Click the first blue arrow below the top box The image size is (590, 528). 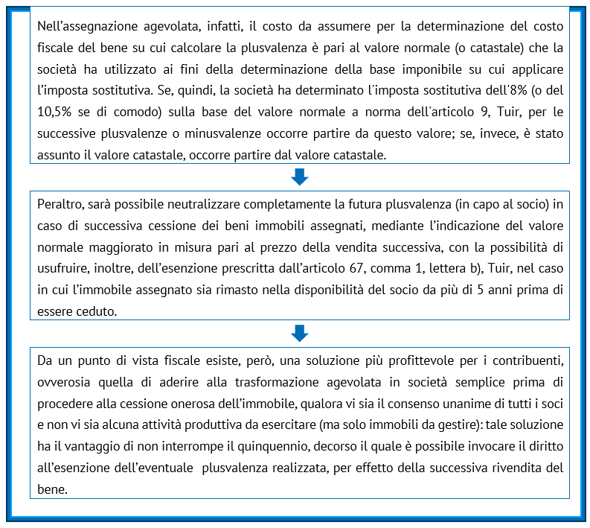pyautogui.click(x=299, y=177)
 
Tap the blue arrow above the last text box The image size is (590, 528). pyautogui.click(x=299, y=332)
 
